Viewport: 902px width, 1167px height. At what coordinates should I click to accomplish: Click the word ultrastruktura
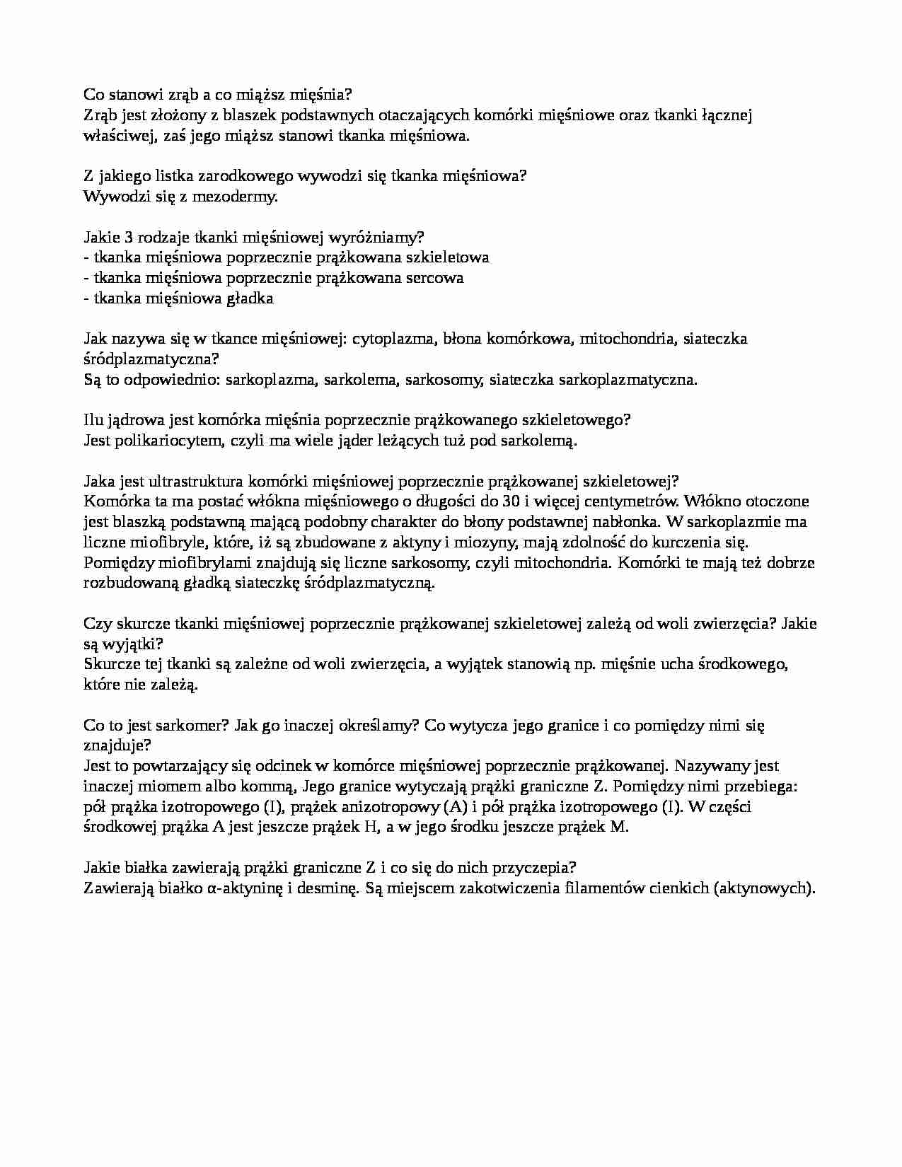[x=196, y=482]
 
